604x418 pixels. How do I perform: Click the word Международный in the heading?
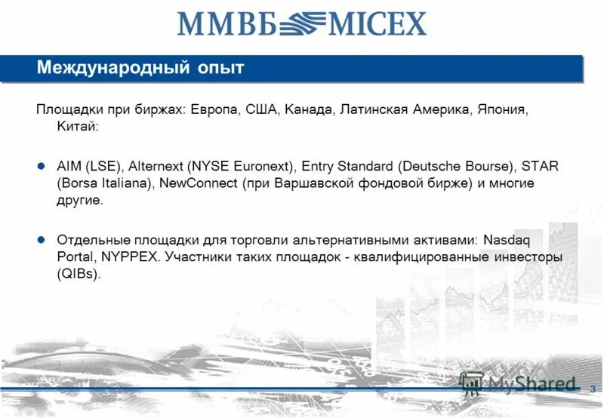(111, 69)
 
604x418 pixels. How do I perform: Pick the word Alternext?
(157, 166)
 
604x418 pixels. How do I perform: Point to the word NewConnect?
(197, 183)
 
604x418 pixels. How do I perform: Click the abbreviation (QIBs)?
(78, 275)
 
